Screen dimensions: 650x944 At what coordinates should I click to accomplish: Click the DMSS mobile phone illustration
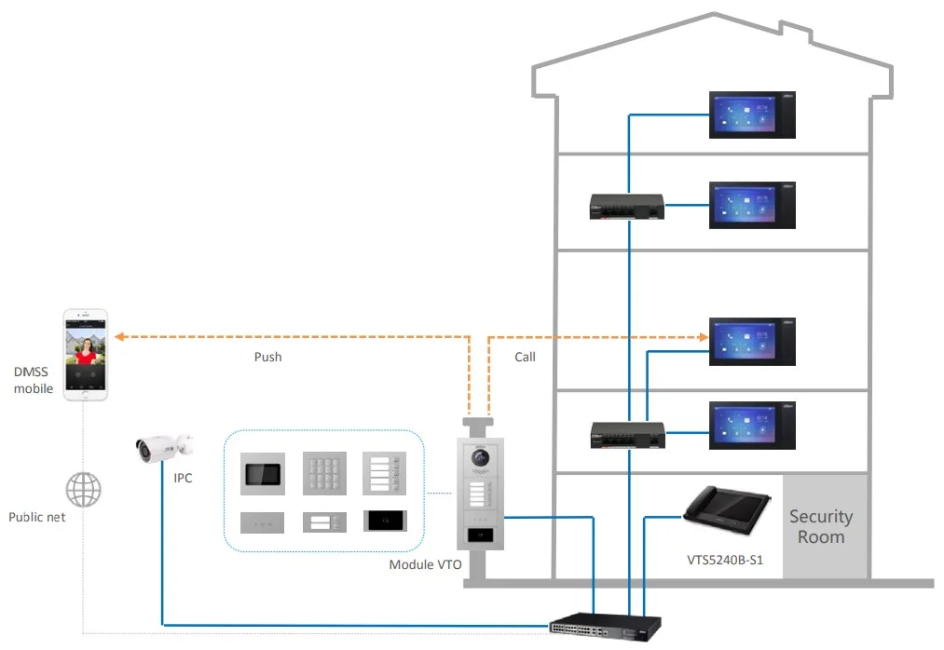[x=85, y=355]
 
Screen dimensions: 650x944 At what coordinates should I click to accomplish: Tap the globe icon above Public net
[x=83, y=489]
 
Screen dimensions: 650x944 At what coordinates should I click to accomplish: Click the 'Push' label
[x=267, y=357]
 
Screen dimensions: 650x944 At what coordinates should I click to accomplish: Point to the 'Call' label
[x=525, y=357]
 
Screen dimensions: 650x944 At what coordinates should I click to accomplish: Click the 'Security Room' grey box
[x=820, y=526]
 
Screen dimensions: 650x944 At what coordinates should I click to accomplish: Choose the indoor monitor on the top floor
[x=753, y=115]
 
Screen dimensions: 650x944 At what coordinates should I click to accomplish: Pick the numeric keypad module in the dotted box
[x=324, y=474]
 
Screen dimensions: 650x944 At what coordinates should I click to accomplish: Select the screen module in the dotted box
[x=265, y=474]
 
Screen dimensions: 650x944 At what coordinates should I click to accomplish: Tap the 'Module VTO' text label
[x=425, y=564]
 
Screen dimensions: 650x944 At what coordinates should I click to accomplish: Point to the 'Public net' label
[x=37, y=516]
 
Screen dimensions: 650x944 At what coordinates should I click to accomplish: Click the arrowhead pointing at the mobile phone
[x=118, y=335]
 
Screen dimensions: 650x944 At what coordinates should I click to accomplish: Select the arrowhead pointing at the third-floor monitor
[x=704, y=335]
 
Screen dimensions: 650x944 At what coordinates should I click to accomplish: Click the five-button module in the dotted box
[x=384, y=474]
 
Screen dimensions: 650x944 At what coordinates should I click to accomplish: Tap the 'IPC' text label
[x=183, y=477]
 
